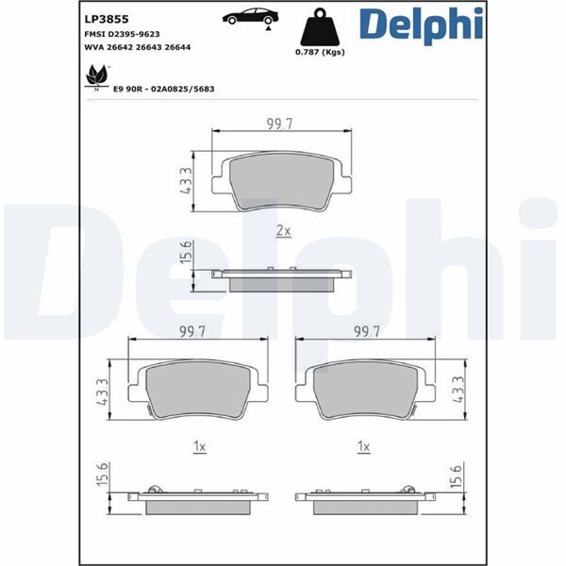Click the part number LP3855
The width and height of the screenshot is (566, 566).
click(107, 19)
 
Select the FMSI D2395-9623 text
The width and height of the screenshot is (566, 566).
click(122, 34)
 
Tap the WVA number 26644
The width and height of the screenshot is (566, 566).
click(177, 47)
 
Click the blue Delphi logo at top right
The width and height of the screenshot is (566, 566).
click(422, 25)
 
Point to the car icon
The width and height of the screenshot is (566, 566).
click(251, 17)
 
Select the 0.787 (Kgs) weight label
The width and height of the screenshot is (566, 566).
click(320, 52)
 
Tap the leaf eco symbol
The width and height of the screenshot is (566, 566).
click(97, 77)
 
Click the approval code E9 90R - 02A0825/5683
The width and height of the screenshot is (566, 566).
click(164, 89)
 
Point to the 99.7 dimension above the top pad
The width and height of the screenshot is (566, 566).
click(280, 124)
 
